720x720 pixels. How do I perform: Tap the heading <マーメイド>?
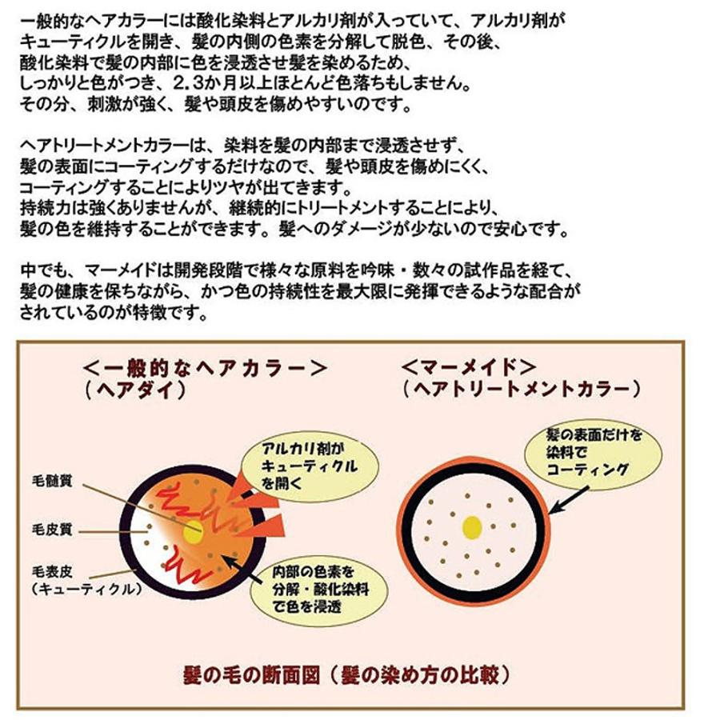pyautogui.click(x=469, y=368)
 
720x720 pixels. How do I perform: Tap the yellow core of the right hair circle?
pyautogui.click(x=472, y=526)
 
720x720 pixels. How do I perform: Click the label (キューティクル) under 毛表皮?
pyautogui.click(x=84, y=589)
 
